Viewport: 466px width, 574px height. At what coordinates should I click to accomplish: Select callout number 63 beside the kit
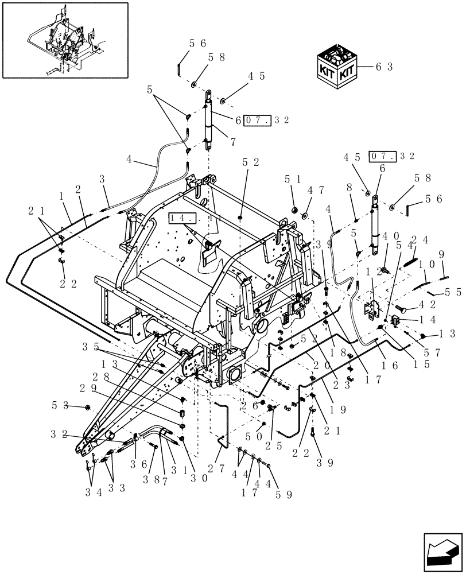(x=384, y=67)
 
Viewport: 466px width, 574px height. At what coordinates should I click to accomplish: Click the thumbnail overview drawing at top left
(x=65, y=40)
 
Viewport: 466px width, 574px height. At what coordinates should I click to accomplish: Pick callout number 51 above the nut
(x=292, y=180)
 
